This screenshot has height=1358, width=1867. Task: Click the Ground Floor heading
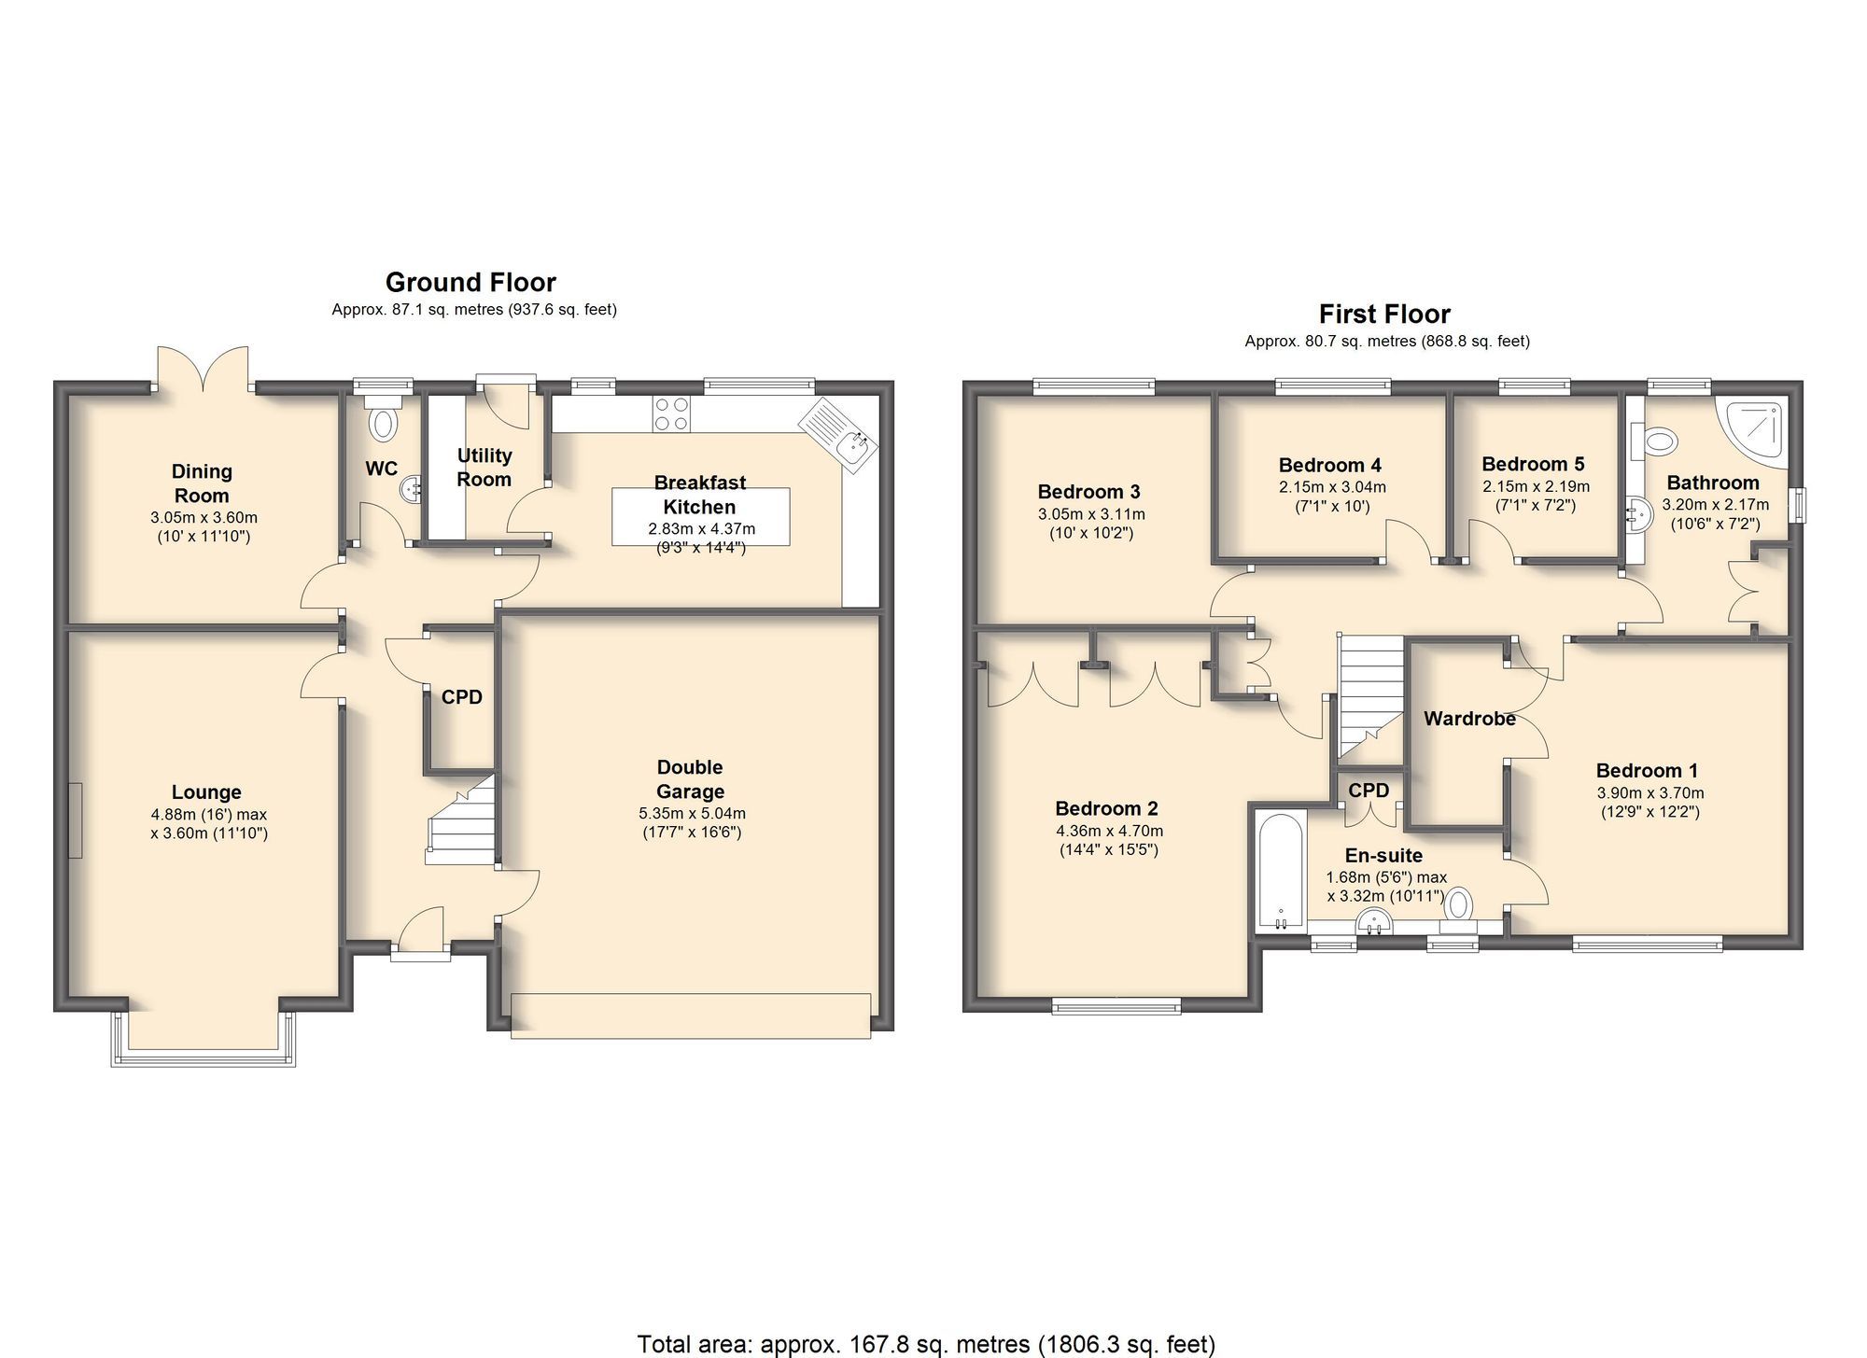(x=470, y=282)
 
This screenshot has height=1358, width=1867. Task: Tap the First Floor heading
(x=1384, y=314)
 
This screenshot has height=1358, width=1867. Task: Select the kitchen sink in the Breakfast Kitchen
(x=839, y=433)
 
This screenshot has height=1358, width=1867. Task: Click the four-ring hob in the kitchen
(x=670, y=413)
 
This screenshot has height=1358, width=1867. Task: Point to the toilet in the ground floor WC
(x=383, y=421)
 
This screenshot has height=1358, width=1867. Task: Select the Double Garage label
(x=690, y=779)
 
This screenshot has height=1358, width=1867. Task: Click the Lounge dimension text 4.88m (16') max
(x=209, y=814)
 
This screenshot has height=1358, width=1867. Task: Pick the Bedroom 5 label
(x=1533, y=464)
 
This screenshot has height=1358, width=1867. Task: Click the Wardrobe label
(x=1469, y=719)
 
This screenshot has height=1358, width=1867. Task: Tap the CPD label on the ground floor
(x=461, y=697)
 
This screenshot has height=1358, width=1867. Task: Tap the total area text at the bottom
(x=926, y=1344)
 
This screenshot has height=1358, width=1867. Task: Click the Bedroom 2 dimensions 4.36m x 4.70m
(x=1109, y=831)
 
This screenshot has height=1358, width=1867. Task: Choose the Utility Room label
(x=484, y=468)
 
